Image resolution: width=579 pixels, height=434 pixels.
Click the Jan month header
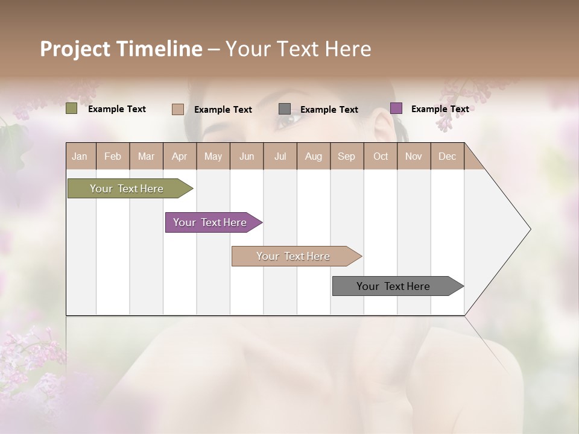80,156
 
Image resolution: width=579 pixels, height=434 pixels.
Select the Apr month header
179,156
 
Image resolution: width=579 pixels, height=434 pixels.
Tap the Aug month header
313,156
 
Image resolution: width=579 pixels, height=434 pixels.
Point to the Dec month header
447,156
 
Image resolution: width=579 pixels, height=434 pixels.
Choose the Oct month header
380,156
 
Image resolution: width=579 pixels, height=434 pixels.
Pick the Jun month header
246,156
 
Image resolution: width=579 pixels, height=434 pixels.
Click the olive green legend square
71,108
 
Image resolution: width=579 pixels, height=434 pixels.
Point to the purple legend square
396,108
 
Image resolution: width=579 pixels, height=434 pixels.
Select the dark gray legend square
285,109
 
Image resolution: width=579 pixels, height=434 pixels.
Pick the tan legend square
177,109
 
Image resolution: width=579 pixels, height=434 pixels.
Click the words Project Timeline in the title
121,49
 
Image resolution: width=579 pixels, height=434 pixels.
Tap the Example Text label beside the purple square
440,108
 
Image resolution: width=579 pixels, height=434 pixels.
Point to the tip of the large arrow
530,229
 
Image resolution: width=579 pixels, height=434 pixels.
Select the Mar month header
146,156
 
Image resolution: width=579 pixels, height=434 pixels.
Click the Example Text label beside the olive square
116,108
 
